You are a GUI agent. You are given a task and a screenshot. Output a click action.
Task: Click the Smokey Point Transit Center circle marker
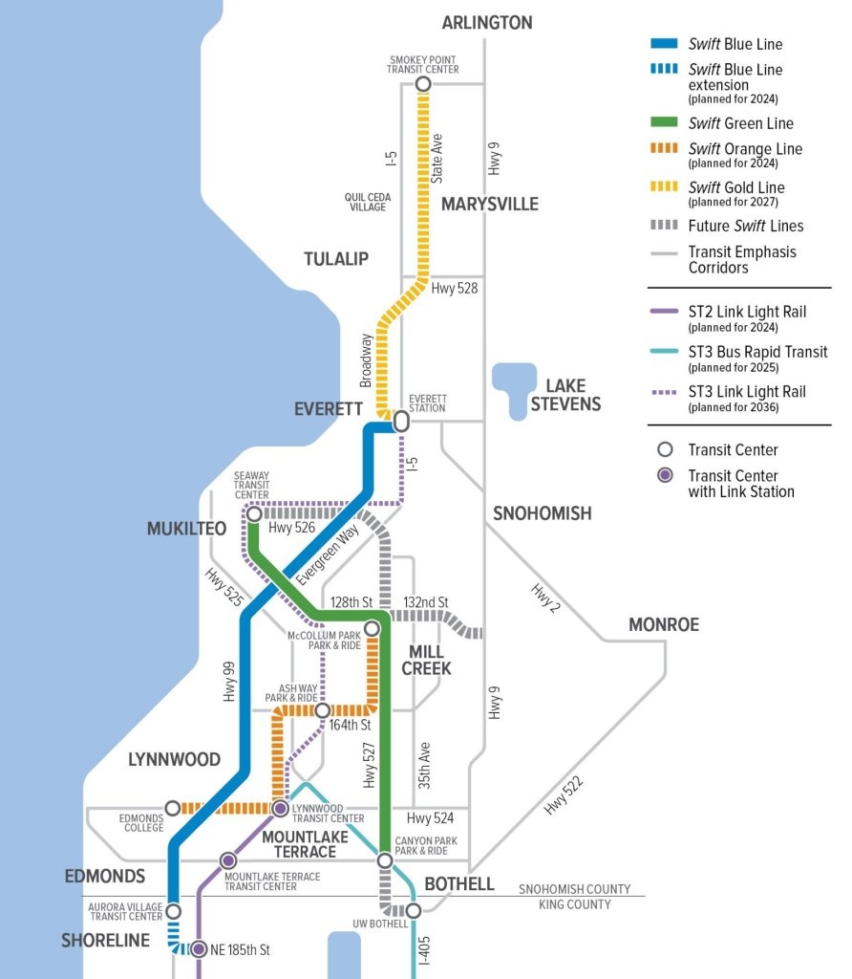pyautogui.click(x=423, y=85)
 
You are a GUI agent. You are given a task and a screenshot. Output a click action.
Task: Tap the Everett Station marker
pyautogui.click(x=401, y=421)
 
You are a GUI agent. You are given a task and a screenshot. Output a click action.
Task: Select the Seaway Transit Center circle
pyautogui.click(x=254, y=514)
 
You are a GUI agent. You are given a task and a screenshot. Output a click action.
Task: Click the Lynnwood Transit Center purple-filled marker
pyautogui.click(x=280, y=809)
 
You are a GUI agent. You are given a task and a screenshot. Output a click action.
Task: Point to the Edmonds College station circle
pyautogui.click(x=173, y=809)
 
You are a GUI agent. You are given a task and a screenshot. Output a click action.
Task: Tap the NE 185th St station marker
pyautogui.click(x=198, y=949)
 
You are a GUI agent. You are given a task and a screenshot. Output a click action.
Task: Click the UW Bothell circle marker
pyautogui.click(x=413, y=911)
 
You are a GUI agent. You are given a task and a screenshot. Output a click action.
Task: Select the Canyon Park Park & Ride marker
pyautogui.click(x=384, y=861)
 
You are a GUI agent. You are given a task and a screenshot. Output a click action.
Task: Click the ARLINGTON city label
pyautogui.click(x=486, y=22)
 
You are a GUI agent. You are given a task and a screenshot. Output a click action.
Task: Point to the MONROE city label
pyautogui.click(x=663, y=624)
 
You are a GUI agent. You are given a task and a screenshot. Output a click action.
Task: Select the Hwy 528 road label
pyautogui.click(x=454, y=287)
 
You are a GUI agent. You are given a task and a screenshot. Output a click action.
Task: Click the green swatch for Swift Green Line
pyautogui.click(x=663, y=123)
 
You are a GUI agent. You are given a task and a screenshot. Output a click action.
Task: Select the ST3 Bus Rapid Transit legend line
pyautogui.click(x=663, y=352)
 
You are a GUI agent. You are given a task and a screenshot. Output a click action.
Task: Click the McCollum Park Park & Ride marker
pyautogui.click(x=372, y=628)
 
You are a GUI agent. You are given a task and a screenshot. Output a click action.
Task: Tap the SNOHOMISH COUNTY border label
pyautogui.click(x=574, y=889)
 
